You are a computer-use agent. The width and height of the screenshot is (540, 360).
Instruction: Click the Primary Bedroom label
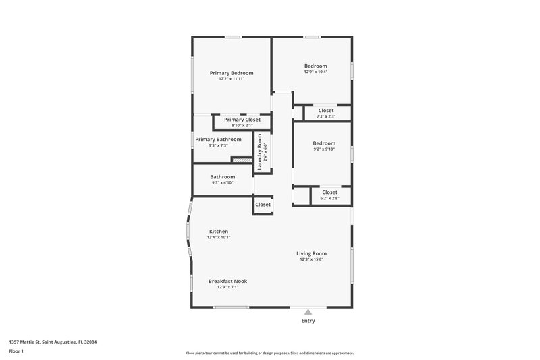pos(232,73)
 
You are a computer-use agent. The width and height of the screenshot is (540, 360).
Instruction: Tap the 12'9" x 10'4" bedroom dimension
pos(315,72)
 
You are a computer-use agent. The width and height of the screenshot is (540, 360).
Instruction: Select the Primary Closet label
pos(242,120)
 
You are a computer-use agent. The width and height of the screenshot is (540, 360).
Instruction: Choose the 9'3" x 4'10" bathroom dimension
pos(222,182)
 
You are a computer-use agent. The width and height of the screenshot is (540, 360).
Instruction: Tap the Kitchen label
pos(218,232)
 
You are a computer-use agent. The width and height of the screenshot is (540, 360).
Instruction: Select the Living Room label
pos(311,253)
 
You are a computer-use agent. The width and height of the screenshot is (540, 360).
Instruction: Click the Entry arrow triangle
pos(308,312)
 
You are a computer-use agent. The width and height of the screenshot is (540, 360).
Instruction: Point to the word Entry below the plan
pos(308,321)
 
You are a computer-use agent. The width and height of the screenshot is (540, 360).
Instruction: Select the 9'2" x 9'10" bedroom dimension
pos(323,149)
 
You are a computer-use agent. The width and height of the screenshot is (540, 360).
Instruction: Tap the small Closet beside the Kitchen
pos(263,204)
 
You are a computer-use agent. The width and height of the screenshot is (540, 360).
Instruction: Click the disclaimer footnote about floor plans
pos(269,353)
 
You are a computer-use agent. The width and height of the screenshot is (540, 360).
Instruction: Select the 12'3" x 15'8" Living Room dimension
pos(311,259)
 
